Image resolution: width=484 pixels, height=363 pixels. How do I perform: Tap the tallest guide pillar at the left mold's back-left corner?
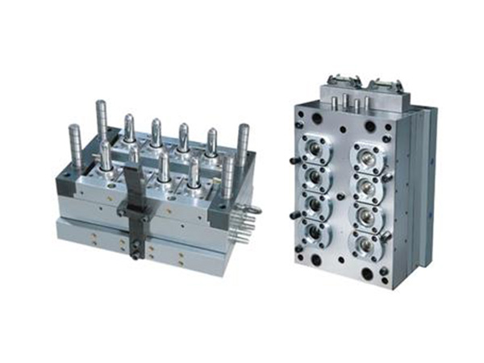pos(102,121)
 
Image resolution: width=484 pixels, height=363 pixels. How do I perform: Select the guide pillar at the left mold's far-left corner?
pos(74,145)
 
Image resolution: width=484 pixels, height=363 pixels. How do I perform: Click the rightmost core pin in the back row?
pos(211,144)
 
